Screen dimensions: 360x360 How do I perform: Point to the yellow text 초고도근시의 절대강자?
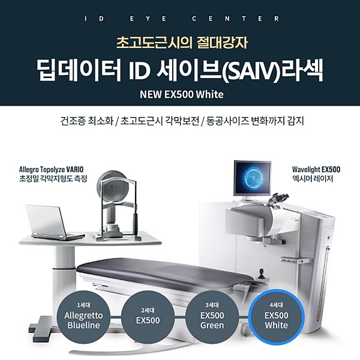[180, 43]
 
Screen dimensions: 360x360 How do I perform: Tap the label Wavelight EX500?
[316, 169]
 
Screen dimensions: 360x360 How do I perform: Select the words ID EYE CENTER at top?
[180, 18]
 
